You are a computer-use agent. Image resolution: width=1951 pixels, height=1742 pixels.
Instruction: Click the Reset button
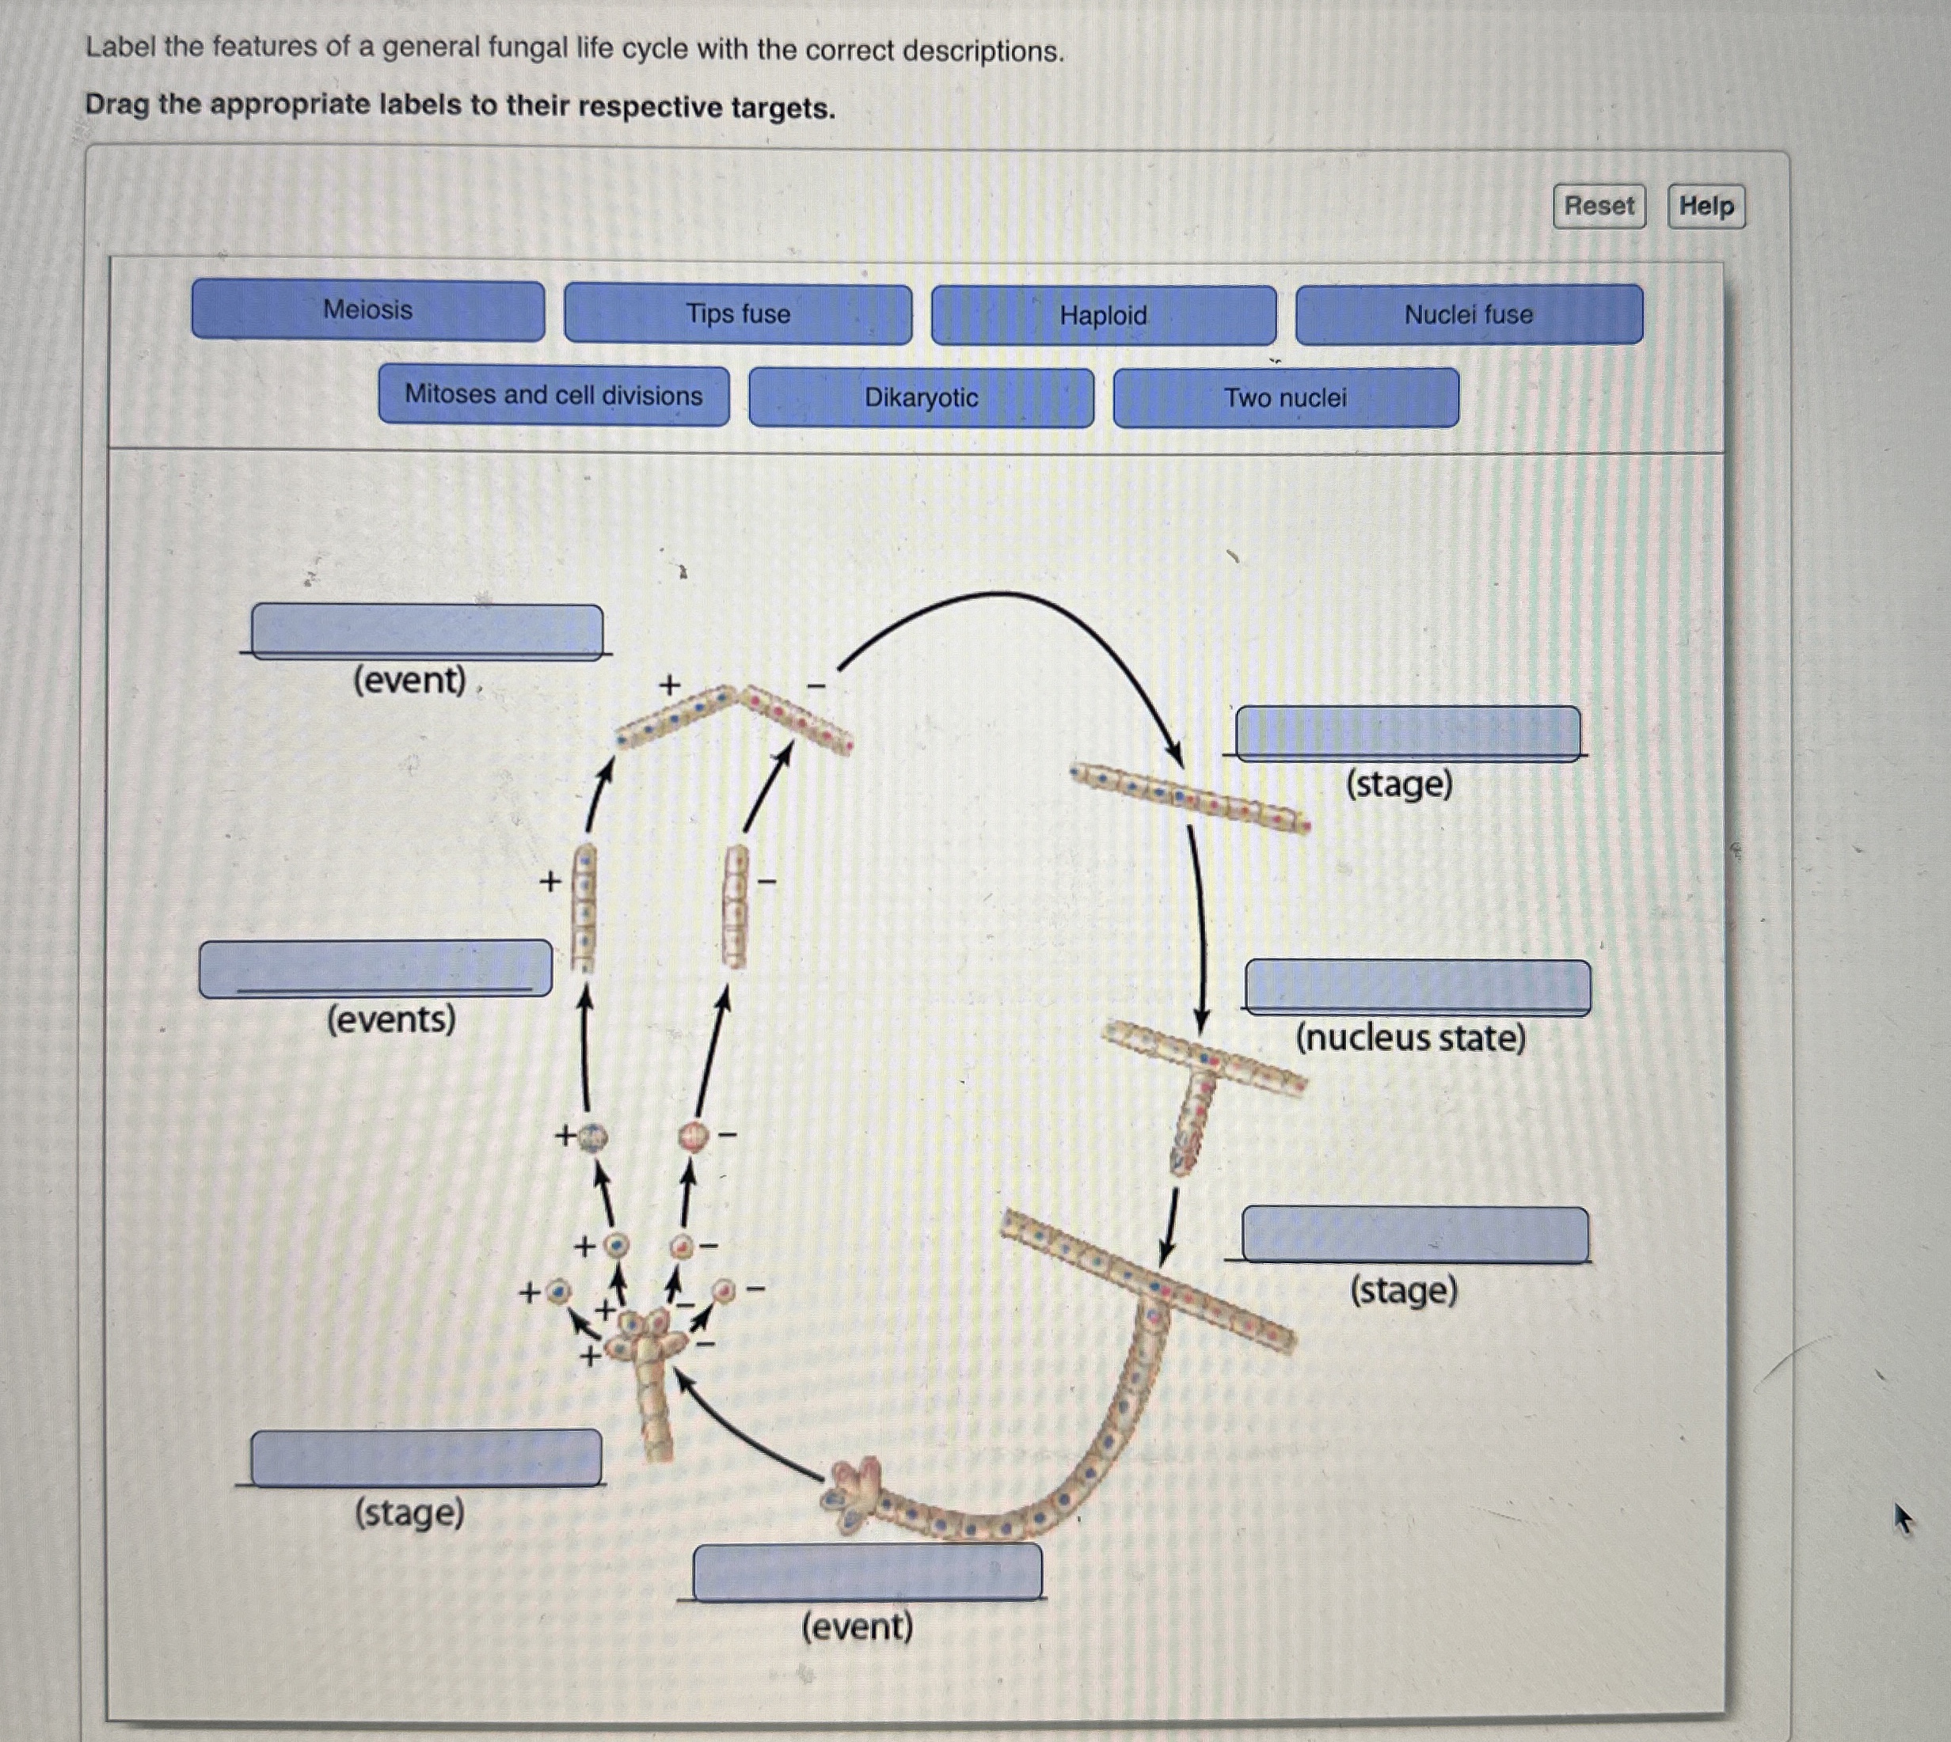point(1599,206)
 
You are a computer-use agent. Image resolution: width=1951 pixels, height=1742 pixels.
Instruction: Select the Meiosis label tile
point(367,310)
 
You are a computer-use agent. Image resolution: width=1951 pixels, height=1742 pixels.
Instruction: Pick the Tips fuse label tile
point(737,314)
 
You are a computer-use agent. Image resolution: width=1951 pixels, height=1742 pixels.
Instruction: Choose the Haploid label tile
point(1103,315)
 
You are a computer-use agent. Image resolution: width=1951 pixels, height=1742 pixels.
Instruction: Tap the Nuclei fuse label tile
point(1469,314)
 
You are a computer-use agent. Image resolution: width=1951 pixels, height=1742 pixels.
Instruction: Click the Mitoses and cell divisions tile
point(553,395)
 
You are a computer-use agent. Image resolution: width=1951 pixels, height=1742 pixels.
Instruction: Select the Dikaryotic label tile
point(921,397)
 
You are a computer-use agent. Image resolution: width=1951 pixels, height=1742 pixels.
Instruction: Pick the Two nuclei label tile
point(1286,397)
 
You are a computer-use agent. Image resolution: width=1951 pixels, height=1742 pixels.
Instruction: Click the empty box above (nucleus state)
point(1417,986)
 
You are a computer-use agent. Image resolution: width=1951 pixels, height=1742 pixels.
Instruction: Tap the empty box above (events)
point(375,968)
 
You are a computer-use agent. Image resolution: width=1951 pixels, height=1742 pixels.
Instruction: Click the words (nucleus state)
point(1410,1038)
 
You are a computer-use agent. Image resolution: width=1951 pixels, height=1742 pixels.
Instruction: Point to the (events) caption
point(390,1019)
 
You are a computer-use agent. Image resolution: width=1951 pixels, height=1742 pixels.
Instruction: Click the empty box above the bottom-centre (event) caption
point(867,1572)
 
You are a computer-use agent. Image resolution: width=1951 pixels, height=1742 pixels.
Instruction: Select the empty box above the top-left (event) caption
point(427,631)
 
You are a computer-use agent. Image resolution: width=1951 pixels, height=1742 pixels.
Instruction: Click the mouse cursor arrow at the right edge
point(1902,1517)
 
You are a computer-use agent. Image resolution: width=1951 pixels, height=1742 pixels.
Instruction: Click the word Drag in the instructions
point(118,104)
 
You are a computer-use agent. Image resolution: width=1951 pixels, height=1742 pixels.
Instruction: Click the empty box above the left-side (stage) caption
point(426,1458)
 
